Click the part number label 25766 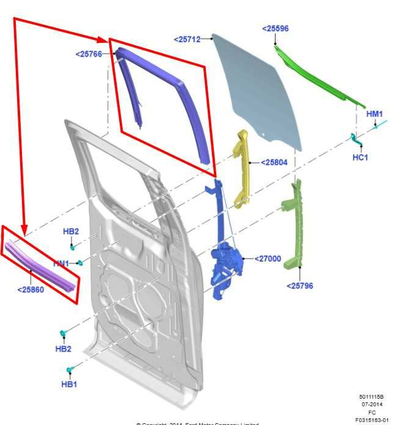[x=90, y=54]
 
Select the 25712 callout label [x=187, y=39]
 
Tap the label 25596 [x=275, y=28]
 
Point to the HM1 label [x=374, y=114]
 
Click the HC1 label [x=360, y=157]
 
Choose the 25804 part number [x=274, y=162]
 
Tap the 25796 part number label [x=299, y=285]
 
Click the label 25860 [x=30, y=290]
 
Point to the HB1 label [x=69, y=384]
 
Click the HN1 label [x=61, y=263]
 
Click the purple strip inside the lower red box [x=40, y=266]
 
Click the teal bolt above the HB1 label [x=70, y=369]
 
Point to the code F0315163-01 [x=371, y=420]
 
